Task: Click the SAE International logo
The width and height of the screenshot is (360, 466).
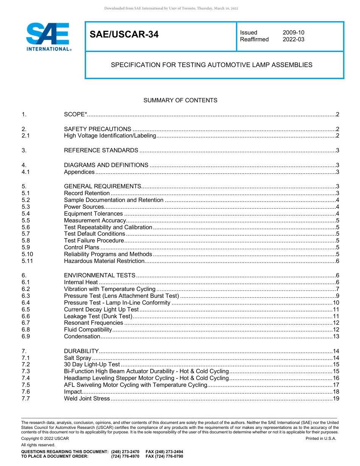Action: pos(48,37)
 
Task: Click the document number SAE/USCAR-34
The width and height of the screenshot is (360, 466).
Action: pos(124,35)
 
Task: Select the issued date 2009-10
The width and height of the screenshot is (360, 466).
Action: pos(293,33)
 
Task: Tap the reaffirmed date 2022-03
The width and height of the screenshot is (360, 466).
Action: pos(293,39)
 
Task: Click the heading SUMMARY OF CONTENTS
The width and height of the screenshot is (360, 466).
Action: pos(180,100)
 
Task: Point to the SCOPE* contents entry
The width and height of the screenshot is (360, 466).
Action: pos(76,114)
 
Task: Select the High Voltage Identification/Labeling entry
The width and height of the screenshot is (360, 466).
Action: pos(110,136)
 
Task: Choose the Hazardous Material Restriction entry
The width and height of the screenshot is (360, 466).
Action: pos(104,261)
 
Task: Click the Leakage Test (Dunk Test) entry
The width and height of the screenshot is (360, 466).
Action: pos(98,316)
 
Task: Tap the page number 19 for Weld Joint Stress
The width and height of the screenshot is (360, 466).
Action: pos(335,399)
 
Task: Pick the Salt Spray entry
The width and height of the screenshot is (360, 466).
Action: pos(78,358)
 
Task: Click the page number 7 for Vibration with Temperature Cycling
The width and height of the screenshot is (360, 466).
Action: pos(337,289)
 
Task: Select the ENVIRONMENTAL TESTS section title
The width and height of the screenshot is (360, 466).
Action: pos(100,275)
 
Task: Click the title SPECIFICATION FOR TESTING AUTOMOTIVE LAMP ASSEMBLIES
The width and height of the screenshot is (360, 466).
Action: pos(211,65)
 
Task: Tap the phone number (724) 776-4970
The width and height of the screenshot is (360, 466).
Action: pos(125,457)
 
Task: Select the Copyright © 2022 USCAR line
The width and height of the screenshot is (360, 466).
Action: pos(45,438)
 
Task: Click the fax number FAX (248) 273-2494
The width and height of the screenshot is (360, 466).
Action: pos(164,452)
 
